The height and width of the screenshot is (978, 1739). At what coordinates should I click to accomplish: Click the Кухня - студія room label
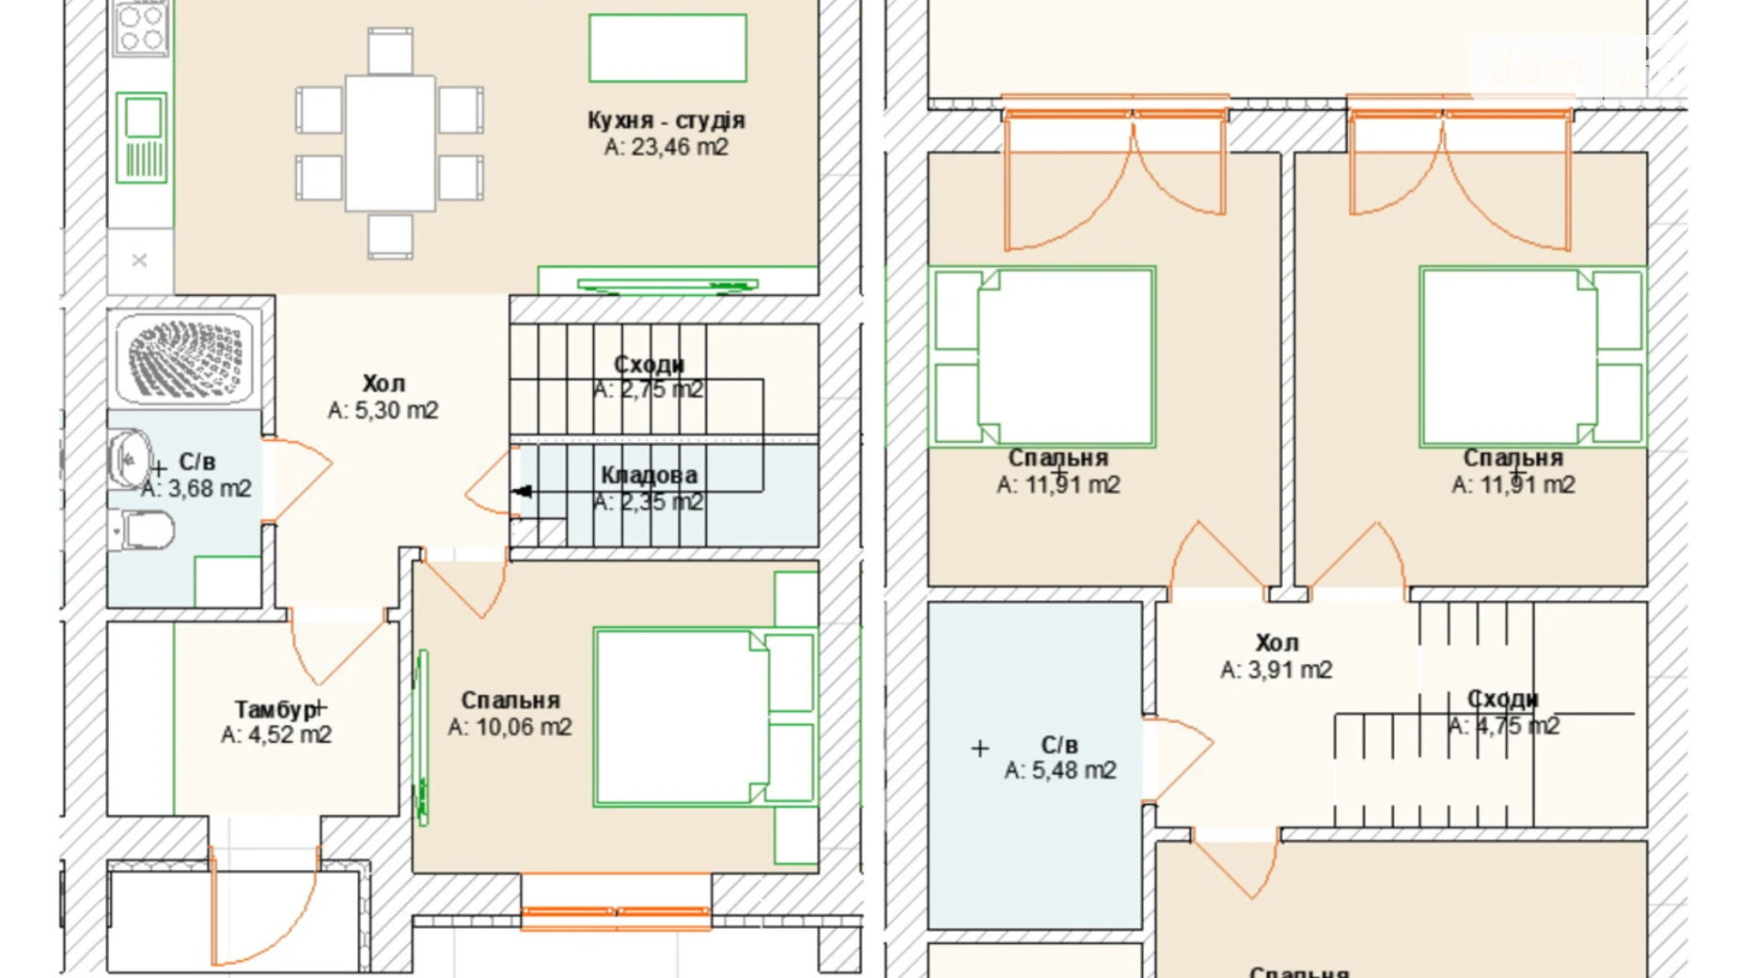[666, 120]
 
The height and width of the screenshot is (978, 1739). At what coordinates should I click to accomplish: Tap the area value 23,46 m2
[666, 148]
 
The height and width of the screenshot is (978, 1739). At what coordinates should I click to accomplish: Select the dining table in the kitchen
[390, 143]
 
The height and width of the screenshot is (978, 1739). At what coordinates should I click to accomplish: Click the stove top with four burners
[141, 28]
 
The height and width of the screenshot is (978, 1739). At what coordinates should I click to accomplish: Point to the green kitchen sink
[142, 136]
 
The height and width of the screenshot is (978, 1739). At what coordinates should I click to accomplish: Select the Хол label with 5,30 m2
[384, 384]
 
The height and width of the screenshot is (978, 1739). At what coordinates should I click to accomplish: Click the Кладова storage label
[649, 476]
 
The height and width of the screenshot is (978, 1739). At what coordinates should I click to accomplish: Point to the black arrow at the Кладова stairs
[523, 491]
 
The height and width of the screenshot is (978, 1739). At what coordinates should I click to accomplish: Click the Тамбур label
[274, 709]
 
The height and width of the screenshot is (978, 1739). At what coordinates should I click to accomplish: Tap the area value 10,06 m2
[509, 727]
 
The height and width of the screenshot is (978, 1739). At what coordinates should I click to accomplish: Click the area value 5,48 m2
[1059, 770]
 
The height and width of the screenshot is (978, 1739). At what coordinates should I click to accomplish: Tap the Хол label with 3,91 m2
[1276, 643]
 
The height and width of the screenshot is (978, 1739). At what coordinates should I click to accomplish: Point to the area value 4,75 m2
[1503, 726]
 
